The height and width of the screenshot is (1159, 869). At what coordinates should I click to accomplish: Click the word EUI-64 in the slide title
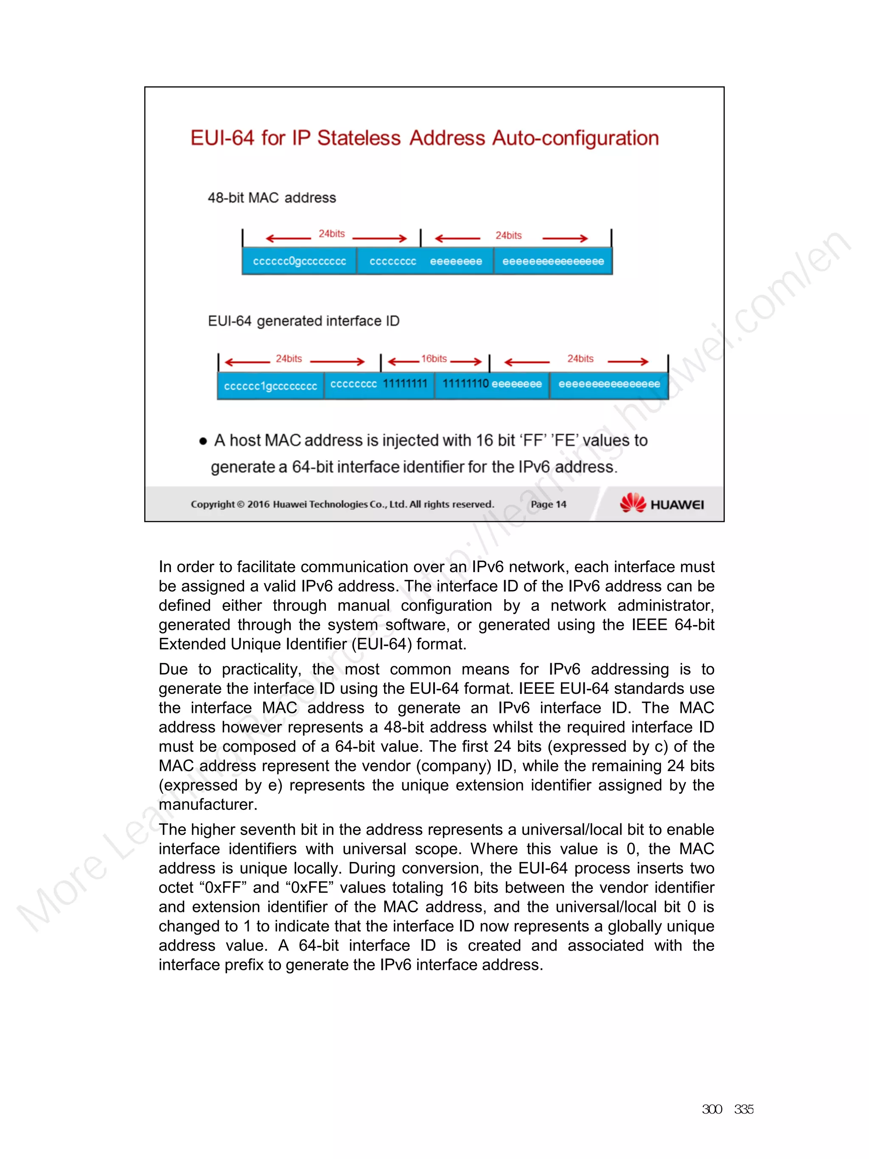pos(222,138)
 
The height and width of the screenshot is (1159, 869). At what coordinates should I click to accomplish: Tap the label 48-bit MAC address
pos(271,198)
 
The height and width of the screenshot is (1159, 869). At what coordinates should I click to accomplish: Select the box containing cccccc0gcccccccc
pos(299,261)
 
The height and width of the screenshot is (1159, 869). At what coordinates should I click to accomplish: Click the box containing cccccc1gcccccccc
pos(270,386)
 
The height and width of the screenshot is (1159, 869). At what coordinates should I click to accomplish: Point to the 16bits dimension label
pos(434,359)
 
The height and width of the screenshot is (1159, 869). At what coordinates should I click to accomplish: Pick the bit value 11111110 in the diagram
pos(465,384)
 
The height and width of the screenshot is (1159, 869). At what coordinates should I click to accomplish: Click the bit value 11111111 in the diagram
pos(405,384)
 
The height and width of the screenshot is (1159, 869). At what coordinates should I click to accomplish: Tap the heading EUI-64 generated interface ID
pos(303,321)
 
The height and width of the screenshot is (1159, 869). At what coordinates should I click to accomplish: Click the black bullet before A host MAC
pos(203,441)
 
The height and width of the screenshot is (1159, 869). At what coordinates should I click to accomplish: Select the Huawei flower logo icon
pos(633,503)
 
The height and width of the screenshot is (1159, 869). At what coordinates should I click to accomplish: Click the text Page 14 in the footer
pos(548,505)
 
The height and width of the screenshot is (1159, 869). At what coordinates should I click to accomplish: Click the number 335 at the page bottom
pos(743,1109)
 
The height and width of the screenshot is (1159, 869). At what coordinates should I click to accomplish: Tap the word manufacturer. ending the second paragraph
pos(208,805)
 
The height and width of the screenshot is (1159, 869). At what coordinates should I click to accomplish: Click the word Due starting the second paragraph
pos(173,670)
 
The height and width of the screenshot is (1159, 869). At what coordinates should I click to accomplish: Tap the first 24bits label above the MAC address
pos(331,234)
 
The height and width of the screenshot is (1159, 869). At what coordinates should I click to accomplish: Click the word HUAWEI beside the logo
pos(677,505)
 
